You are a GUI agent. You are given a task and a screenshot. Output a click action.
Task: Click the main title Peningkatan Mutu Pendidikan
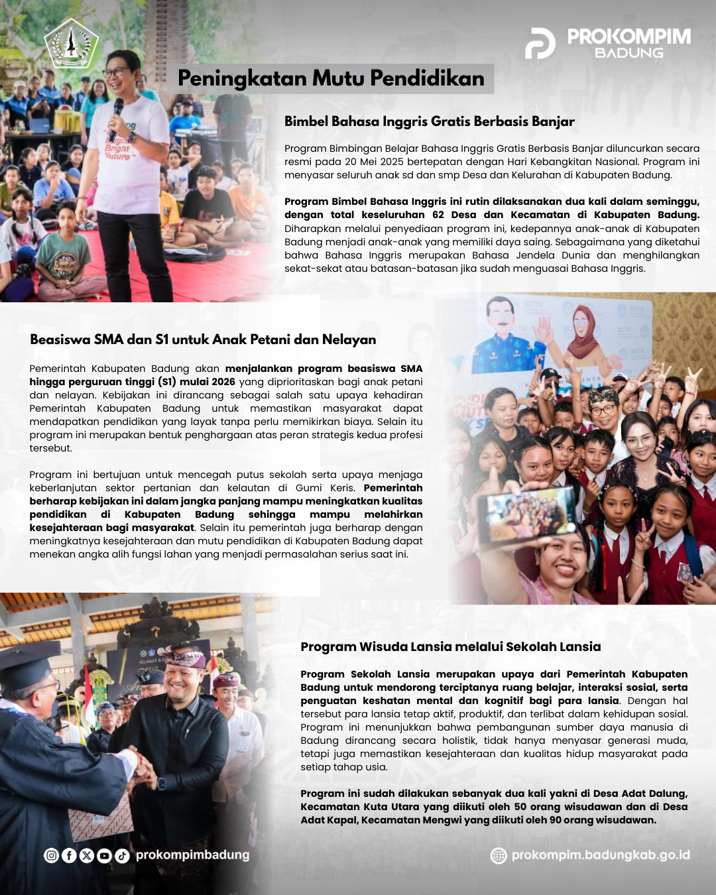tap(331, 78)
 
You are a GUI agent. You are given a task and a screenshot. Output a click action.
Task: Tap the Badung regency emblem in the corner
tap(71, 44)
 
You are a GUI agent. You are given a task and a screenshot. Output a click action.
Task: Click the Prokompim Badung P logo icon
tap(540, 43)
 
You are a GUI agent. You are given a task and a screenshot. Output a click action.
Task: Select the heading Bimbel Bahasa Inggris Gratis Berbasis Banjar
tap(429, 121)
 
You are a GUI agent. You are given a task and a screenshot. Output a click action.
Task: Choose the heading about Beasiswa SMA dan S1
tap(203, 339)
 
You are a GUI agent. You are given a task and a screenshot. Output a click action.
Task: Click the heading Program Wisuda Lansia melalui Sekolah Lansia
tap(450, 647)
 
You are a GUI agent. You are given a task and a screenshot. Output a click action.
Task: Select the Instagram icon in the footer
tap(51, 855)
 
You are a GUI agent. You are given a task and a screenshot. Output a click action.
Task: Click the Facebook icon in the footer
tap(69, 855)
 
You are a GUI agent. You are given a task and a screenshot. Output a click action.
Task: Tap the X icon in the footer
tap(86, 855)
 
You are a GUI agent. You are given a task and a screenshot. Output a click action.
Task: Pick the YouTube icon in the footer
tap(104, 855)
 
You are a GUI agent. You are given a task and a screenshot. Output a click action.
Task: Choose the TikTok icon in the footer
tap(122, 855)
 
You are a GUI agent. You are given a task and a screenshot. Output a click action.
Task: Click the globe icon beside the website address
tap(499, 855)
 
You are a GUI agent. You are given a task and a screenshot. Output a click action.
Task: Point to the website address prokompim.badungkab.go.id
tap(601, 855)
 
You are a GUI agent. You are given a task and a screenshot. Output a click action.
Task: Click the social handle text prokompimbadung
tap(192, 855)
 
